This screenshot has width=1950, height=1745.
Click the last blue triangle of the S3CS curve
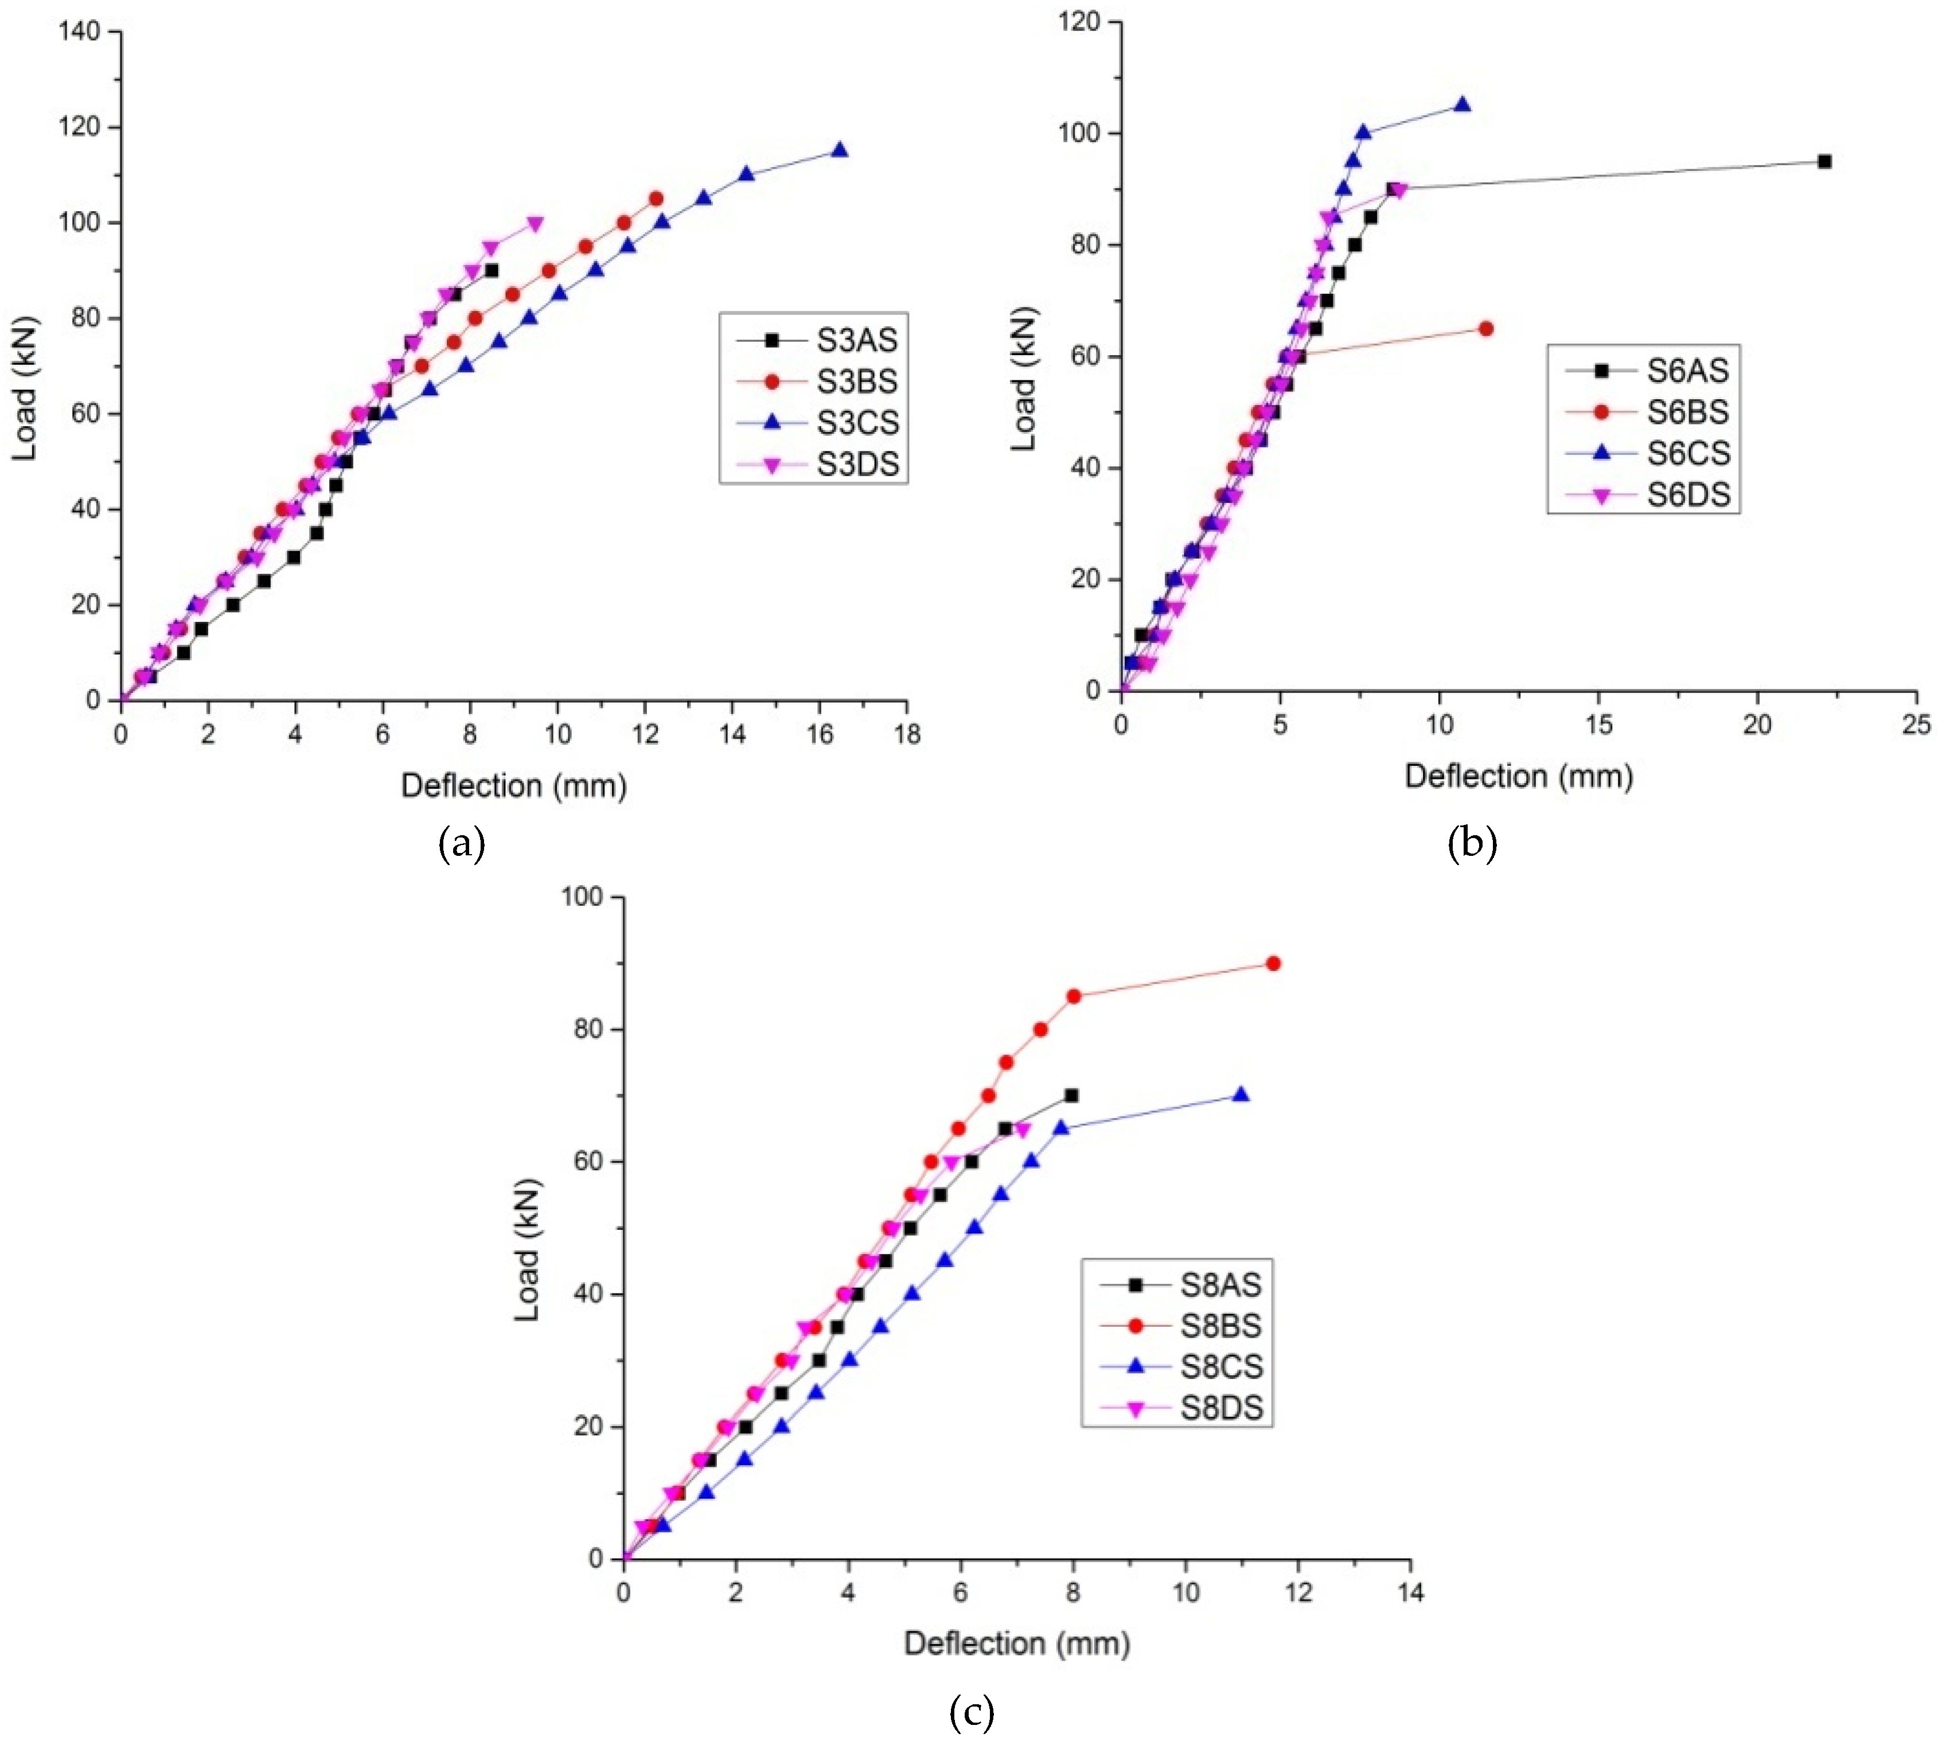(x=840, y=150)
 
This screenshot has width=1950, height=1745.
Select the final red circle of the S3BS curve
(x=656, y=198)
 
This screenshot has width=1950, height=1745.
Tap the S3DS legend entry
(x=857, y=464)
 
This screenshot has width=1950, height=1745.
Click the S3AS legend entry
(x=857, y=340)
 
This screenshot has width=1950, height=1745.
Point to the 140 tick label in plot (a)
(x=79, y=32)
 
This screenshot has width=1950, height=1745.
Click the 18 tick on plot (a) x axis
(x=906, y=734)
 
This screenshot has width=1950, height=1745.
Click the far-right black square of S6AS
(x=1824, y=161)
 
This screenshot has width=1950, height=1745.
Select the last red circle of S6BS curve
(x=1486, y=329)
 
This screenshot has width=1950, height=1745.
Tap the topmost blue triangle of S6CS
(x=1462, y=104)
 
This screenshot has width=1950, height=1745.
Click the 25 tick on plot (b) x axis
(x=1916, y=725)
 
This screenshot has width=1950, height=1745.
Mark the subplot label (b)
(x=1473, y=844)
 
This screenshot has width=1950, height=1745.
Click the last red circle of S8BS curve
(x=1273, y=964)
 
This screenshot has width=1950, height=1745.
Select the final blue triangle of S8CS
(x=1241, y=1095)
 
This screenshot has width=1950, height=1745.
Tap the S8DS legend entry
(x=1222, y=1408)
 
